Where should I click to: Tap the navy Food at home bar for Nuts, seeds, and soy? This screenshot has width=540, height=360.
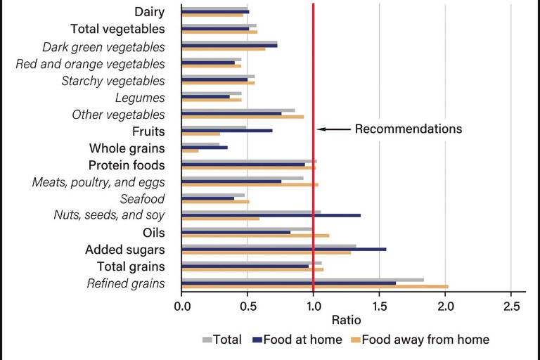click(271, 215)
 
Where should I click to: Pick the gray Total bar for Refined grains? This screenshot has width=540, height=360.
click(302, 280)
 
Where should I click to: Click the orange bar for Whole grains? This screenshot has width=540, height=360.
click(190, 151)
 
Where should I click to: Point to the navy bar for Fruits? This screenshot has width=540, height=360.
click(226, 131)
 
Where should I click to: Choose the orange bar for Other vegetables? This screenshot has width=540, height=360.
click(243, 117)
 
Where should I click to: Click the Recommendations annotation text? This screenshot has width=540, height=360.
click(408, 129)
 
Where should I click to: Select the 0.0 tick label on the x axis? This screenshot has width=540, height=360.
click(181, 306)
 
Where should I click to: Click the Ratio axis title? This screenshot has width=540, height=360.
click(314, 321)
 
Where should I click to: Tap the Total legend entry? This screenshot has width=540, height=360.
click(223, 340)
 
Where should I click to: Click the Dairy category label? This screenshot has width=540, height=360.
click(149, 12)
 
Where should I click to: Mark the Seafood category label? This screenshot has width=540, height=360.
click(142, 199)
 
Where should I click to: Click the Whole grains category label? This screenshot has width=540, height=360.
click(127, 148)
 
